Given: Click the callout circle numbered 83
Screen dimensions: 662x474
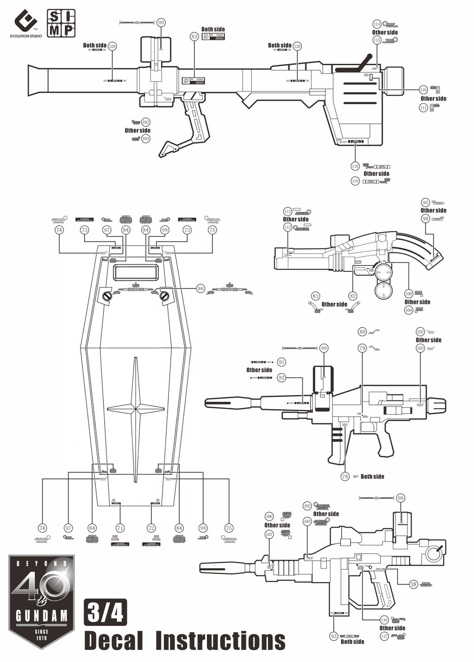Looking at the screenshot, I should pos(194,37).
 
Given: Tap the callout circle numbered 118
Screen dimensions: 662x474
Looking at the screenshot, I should pos(355,165).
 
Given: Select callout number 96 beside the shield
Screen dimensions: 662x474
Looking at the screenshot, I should pos(200,288).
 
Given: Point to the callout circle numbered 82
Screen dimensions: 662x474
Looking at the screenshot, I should pos(353,296).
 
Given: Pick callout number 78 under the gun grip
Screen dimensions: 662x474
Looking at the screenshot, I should pos(345,476).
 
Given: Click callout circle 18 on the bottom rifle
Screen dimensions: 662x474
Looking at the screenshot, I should pos(413,584).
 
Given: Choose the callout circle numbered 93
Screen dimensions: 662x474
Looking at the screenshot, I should pos(334,637).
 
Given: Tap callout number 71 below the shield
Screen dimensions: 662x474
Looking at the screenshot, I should pos(120,528).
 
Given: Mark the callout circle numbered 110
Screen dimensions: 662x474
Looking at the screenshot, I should pos(423,90).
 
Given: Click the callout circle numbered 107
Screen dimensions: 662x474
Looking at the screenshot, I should pos(269,534).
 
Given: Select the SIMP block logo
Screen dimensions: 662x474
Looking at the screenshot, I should pos(61,23).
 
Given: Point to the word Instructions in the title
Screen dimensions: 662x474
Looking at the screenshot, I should pos(220,641).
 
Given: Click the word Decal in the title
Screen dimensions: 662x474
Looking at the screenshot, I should pos(114,641).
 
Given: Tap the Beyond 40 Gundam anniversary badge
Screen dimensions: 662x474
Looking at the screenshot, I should pos(42,601).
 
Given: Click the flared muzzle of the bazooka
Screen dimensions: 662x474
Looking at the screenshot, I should pos(37,81).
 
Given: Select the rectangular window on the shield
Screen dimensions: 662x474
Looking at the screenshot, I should pos(137,273).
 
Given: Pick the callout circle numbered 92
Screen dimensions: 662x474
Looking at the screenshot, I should pos(281,378).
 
